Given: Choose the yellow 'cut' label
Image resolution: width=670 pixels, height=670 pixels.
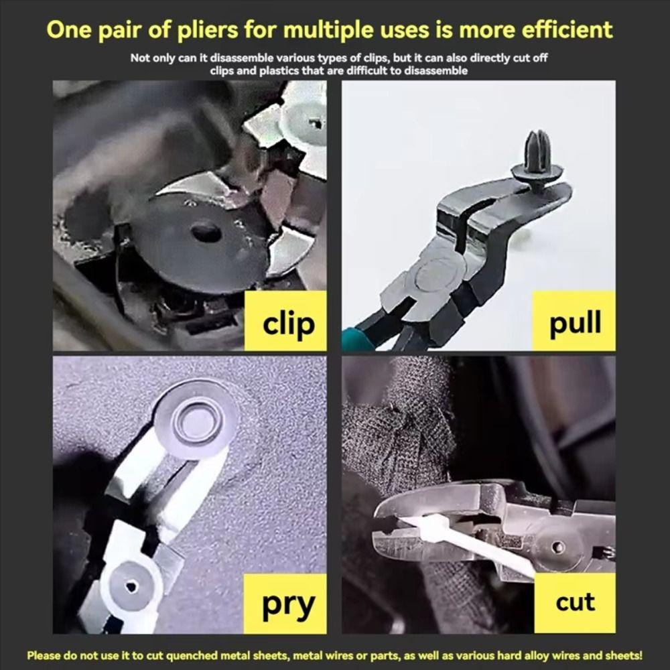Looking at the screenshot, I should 574,602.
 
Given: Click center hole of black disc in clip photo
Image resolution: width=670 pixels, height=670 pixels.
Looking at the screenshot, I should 205,233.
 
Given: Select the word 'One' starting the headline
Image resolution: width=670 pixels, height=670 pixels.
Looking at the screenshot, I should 68,30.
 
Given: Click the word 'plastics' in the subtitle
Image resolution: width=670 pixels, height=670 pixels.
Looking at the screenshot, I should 266,70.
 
